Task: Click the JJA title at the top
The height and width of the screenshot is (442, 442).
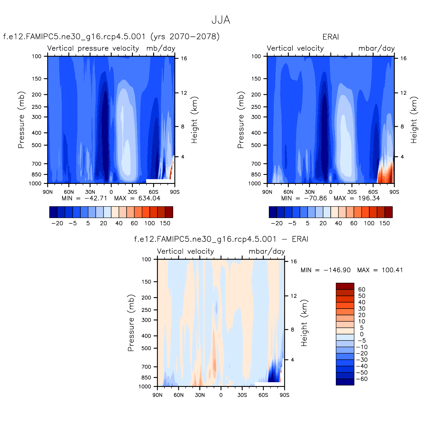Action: tap(221, 20)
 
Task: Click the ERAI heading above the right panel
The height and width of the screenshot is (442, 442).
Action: tap(331, 37)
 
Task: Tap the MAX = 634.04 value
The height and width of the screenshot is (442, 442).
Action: tap(137, 198)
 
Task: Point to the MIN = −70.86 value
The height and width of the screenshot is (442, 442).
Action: tap(304, 198)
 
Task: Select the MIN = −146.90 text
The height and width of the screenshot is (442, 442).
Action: tap(325, 270)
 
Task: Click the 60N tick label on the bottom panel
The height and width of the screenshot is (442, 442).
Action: tap(179, 395)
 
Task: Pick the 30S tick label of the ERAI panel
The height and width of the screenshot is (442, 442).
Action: tap(352, 192)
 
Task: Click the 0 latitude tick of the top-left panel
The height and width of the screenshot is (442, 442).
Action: tap(111, 192)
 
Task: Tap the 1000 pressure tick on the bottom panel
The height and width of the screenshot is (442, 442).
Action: tap(145, 387)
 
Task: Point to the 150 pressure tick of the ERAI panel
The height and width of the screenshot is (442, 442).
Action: tap(256, 79)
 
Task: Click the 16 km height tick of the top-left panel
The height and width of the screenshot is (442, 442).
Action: tap(184, 59)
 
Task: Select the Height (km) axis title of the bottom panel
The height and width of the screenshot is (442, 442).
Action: tap(304, 323)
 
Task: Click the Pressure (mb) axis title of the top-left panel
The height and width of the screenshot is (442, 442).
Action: tap(21, 120)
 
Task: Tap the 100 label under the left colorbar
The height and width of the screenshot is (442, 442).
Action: tap(150, 223)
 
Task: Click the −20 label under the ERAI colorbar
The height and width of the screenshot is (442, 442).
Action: tap(277, 223)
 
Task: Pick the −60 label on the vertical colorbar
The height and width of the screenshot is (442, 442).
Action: tap(362, 379)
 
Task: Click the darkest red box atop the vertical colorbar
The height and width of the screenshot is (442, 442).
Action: tap(345, 286)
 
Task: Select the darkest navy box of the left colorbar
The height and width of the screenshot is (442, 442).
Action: tap(53, 212)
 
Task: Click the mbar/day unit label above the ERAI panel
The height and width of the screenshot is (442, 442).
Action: tap(376, 48)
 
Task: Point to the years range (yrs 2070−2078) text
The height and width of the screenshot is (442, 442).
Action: tap(185, 37)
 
